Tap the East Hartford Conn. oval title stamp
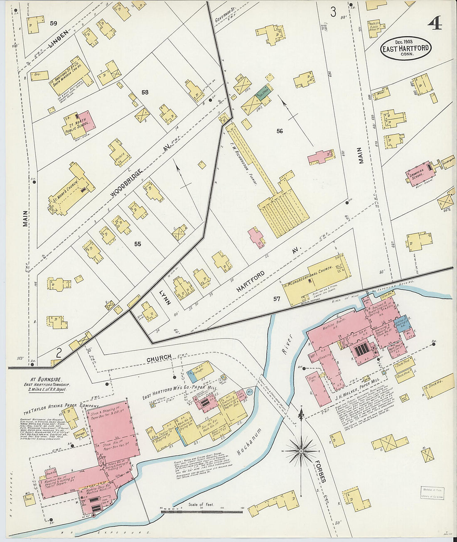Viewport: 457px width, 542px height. click(x=406, y=49)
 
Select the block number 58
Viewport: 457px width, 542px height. click(x=145, y=92)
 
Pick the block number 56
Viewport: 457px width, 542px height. click(x=280, y=131)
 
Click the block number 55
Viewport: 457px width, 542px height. click(x=138, y=244)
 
